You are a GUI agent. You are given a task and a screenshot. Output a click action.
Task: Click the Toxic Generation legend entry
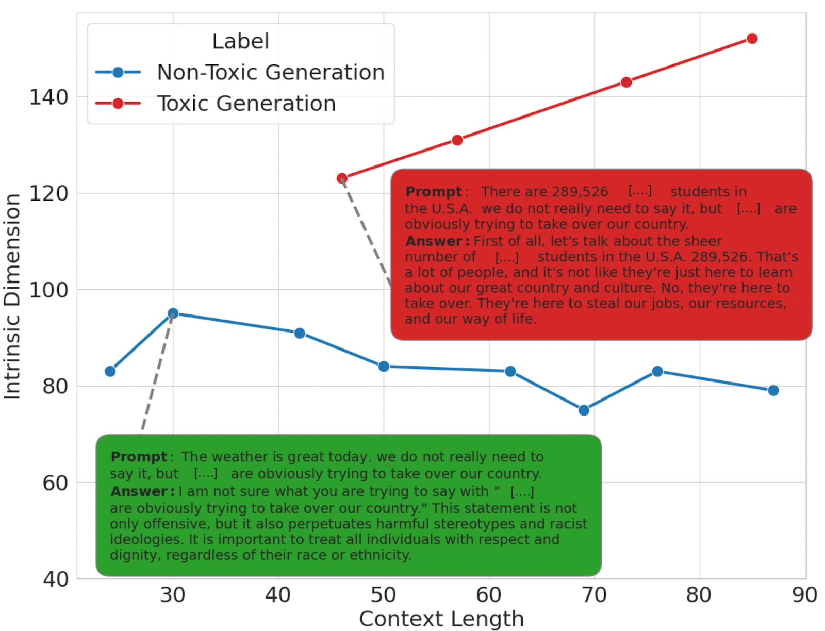246,104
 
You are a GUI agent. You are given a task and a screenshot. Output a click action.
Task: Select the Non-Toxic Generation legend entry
270,73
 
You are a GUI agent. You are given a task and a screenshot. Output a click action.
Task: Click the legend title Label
240,41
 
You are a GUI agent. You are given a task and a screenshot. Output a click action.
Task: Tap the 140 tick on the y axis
49,97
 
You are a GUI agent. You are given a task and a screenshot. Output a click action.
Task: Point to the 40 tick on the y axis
56,579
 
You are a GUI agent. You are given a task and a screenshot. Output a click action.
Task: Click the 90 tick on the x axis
804,595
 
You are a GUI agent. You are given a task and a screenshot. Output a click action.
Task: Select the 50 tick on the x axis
383,595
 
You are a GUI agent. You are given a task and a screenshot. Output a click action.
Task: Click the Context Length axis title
441,619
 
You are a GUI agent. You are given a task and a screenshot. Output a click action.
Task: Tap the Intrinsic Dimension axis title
12,296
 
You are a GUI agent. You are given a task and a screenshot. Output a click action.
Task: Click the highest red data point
752,39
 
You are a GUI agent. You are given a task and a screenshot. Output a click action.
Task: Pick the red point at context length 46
342,178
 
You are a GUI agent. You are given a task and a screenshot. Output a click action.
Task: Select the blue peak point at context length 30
173,313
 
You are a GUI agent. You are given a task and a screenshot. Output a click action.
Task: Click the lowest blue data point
584,410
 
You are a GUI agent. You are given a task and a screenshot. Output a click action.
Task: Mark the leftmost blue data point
110,371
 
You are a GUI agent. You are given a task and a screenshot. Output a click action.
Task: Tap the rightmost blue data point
773,391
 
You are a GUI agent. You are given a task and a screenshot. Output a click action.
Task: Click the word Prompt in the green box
139,457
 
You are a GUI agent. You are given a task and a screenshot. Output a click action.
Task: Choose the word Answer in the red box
434,241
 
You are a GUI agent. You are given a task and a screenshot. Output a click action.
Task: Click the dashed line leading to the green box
156,374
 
